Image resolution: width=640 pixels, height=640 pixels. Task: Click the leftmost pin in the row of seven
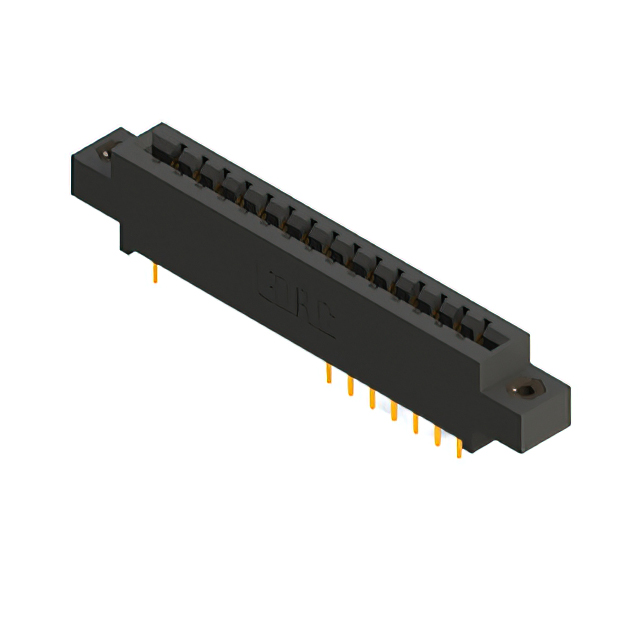328,375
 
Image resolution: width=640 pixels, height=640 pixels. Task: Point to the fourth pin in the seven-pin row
393,410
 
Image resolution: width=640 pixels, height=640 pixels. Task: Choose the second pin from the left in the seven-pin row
350,387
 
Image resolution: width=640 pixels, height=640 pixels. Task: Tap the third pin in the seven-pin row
372,399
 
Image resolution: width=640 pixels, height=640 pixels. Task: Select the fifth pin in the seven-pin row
415,423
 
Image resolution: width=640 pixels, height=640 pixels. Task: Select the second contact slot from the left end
186,164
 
